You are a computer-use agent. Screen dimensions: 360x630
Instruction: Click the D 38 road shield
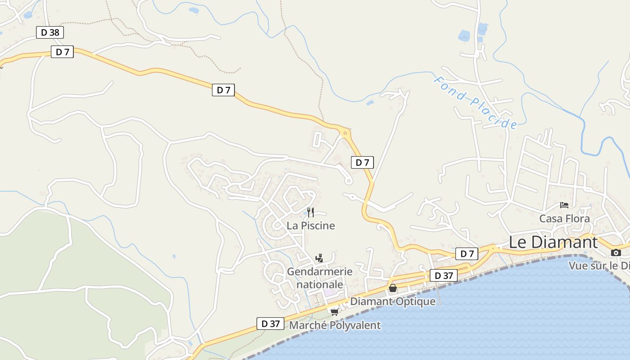[x=50, y=32]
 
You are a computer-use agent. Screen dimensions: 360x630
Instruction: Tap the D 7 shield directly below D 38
[x=63, y=52]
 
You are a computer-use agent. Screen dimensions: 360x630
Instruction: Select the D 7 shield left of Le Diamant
[x=467, y=254]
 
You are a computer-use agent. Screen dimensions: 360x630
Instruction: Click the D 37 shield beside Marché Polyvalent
[x=270, y=323]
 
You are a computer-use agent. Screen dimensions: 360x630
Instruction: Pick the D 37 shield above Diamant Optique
[x=443, y=275]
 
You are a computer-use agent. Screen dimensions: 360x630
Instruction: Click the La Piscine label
[x=311, y=225]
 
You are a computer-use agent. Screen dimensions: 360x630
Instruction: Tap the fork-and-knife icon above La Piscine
[x=310, y=212]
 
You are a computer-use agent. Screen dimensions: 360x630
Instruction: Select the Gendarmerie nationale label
[x=319, y=278]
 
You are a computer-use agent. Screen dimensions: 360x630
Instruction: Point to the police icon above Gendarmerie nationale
[x=319, y=258]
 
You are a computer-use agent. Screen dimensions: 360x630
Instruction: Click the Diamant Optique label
[x=393, y=301]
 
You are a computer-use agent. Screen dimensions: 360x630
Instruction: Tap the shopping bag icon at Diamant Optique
[x=393, y=288]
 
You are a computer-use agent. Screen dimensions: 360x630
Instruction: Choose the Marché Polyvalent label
[x=335, y=325]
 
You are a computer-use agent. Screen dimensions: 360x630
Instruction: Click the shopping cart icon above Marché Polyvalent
[x=334, y=312]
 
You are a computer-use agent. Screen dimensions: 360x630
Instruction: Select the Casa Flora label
[x=564, y=219]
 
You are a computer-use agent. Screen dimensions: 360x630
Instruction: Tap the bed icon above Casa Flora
[x=564, y=205]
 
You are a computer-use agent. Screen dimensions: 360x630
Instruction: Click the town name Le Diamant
[x=553, y=242]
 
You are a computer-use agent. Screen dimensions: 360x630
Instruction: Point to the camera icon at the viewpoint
[x=616, y=252]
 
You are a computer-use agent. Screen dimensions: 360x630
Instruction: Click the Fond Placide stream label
[x=475, y=103]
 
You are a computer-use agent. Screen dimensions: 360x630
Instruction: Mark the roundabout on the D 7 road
[x=345, y=133]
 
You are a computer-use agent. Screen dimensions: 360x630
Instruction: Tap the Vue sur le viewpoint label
[x=599, y=265]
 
